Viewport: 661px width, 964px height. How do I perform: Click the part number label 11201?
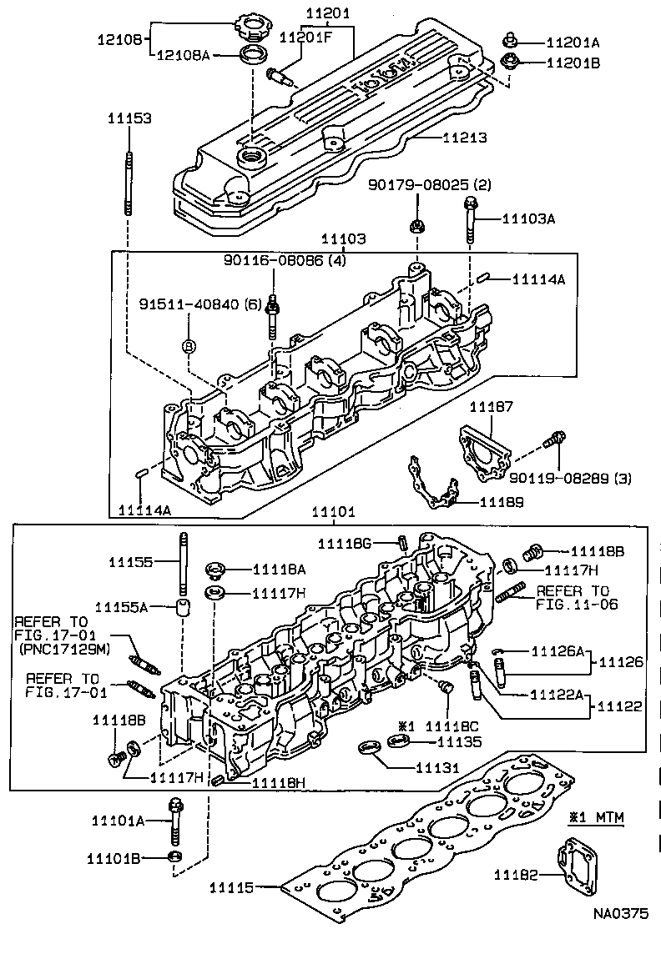pos(328,14)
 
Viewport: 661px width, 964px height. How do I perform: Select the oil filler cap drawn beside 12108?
pos(250,23)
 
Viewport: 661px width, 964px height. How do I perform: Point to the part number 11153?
pos(129,119)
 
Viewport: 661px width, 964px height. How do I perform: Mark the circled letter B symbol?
pos(189,346)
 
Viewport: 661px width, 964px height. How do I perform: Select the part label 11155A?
pos(121,607)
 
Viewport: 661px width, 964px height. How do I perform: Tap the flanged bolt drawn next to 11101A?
pos(175,821)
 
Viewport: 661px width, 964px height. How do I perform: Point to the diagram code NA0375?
pos(620,913)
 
